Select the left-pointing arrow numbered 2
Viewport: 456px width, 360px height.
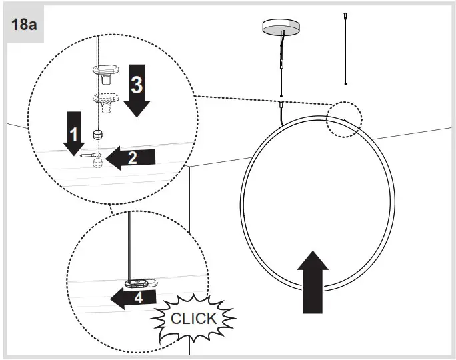[131, 157]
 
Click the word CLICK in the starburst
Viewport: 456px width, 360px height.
[193, 318]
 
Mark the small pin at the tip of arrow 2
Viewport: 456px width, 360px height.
[91, 155]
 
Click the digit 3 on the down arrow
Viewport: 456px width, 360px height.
[135, 85]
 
